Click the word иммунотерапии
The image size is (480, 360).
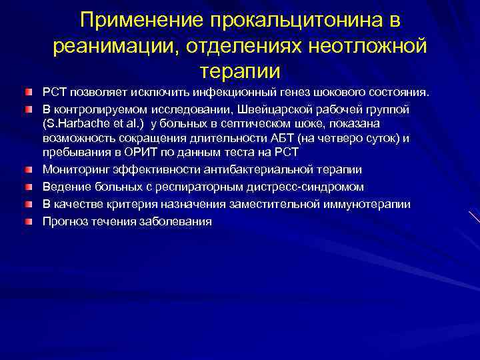367,205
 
